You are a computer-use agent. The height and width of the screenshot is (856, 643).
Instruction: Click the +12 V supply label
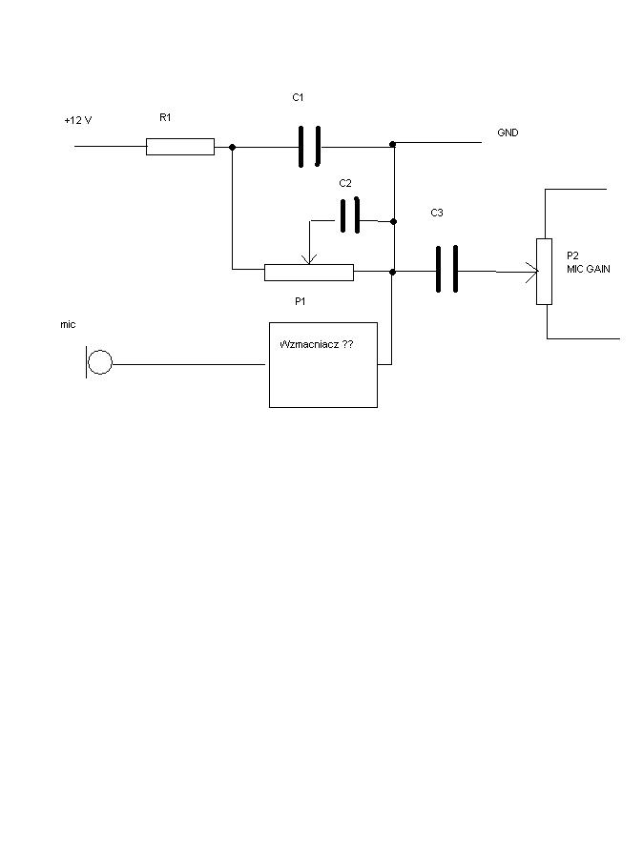(78, 120)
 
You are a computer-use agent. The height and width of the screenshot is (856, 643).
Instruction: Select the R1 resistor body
(180, 147)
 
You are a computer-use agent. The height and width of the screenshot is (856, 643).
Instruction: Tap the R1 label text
(165, 117)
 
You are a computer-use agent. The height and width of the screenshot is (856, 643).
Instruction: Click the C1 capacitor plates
(309, 146)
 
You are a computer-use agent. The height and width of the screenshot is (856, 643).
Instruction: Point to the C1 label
(298, 98)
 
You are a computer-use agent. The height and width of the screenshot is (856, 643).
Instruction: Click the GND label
(508, 132)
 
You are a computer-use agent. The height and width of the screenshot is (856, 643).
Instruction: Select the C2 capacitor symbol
(350, 215)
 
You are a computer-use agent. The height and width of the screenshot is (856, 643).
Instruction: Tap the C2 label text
(345, 183)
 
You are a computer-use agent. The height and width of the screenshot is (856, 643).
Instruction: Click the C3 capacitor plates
(446, 269)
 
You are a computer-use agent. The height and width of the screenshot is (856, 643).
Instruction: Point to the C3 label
(437, 213)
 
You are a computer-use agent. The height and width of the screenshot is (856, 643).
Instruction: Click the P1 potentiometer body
(309, 273)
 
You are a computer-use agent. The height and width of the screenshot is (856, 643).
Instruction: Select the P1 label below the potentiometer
(300, 301)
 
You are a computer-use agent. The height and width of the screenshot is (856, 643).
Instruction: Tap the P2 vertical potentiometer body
(544, 272)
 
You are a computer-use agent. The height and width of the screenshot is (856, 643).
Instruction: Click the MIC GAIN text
(589, 269)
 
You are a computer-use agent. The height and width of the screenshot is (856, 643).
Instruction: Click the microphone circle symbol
(100, 362)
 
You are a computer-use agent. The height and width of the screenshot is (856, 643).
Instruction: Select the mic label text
(68, 325)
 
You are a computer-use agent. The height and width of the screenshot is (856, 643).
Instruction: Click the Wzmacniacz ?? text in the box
(316, 344)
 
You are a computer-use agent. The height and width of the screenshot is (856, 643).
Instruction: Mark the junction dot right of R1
(232, 147)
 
